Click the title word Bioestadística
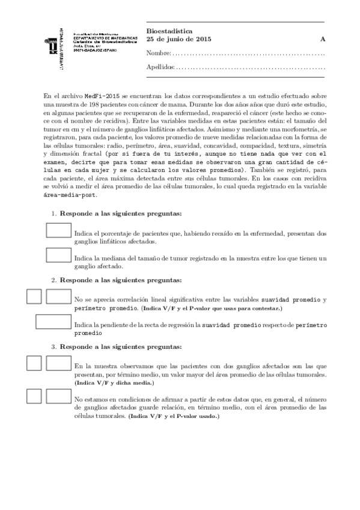(x=167, y=30)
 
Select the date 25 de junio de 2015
(x=178, y=39)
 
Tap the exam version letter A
(x=323, y=39)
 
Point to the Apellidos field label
(x=160, y=67)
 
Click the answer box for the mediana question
(x=58, y=255)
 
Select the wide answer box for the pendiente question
(x=53, y=322)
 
